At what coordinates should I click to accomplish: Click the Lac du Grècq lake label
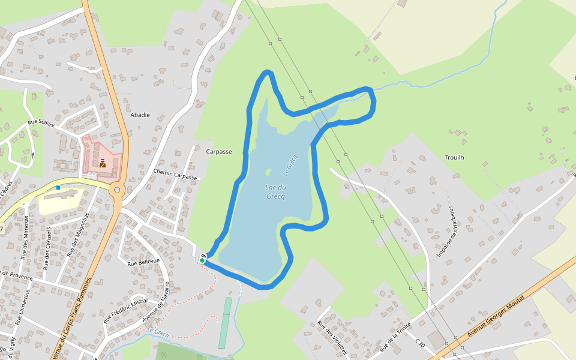click(x=275, y=192)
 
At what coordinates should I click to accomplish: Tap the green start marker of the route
click(x=203, y=260)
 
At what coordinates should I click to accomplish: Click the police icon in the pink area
click(x=103, y=163)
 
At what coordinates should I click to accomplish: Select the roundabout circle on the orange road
click(x=117, y=190)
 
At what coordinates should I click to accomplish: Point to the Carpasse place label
click(x=219, y=152)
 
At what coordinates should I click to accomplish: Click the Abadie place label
click(x=140, y=115)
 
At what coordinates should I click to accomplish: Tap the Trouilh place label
click(x=454, y=157)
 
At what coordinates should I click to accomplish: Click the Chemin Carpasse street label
click(x=175, y=175)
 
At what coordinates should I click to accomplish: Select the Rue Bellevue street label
click(x=143, y=262)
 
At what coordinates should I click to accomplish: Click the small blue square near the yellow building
click(x=58, y=188)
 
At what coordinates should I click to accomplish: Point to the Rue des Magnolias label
click(x=79, y=235)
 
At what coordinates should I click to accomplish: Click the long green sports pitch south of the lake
click(x=224, y=323)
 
